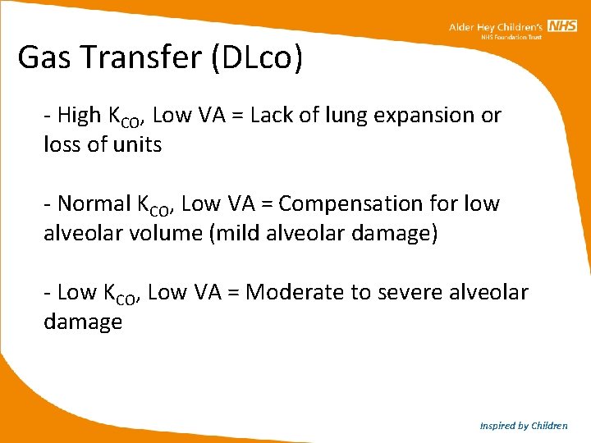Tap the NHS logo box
(562, 26)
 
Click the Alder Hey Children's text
(496, 27)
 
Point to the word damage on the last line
(83, 322)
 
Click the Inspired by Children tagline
(524, 426)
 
